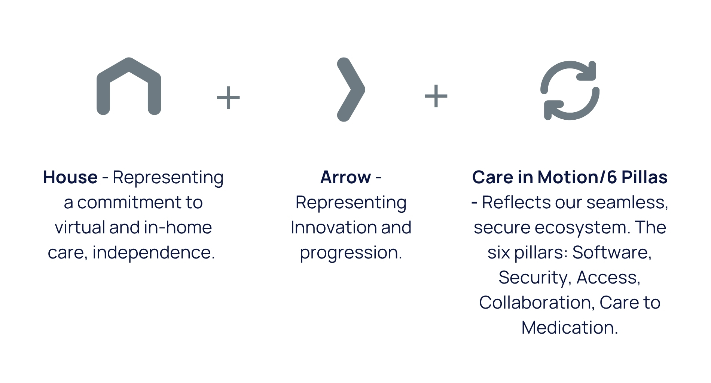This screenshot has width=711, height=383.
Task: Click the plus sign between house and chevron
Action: pyautogui.click(x=228, y=98)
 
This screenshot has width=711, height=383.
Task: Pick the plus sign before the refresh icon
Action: pyautogui.click(x=436, y=96)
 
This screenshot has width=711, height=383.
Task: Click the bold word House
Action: pyautogui.click(x=70, y=177)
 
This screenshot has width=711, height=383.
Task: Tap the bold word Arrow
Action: pyautogui.click(x=346, y=177)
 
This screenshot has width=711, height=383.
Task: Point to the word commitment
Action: pyautogui.click(x=129, y=203)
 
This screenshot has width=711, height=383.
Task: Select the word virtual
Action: pyautogui.click(x=80, y=227)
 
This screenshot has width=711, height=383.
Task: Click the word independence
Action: pyautogui.click(x=154, y=252)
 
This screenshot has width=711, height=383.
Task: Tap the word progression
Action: pyautogui.click(x=351, y=253)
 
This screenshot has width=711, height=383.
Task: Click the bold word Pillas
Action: pyautogui.click(x=644, y=177)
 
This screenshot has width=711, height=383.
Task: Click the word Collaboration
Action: pyautogui.click(x=537, y=303)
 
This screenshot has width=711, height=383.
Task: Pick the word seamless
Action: pyautogui.click(x=628, y=203)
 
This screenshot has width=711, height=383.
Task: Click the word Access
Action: pyautogui.click(x=608, y=278)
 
